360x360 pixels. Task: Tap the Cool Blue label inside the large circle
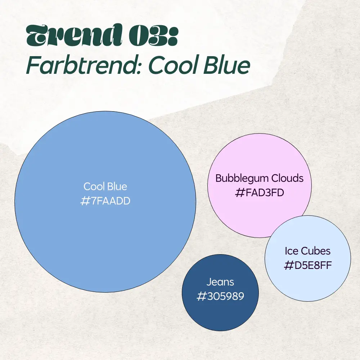tap(105, 186)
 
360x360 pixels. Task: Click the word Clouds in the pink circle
tap(287, 178)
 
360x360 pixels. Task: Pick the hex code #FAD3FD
tap(260, 193)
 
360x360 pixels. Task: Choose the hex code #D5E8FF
tap(308, 266)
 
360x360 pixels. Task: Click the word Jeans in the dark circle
tap(220, 282)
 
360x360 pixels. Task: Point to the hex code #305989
tap(220, 296)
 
